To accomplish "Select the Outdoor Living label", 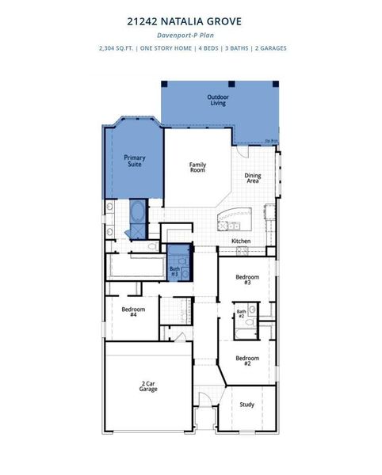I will [217, 100].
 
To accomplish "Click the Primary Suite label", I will [135, 161].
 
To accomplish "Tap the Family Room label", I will [197, 168].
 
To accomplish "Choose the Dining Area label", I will [253, 178].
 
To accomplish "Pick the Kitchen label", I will [241, 241].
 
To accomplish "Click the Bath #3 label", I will [174, 272].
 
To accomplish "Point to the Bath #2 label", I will [241, 313].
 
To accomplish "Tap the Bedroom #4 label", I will [133, 311].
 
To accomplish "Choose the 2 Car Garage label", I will [148, 386].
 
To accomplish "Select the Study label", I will [247, 405].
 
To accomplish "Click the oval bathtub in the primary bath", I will [138, 212].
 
